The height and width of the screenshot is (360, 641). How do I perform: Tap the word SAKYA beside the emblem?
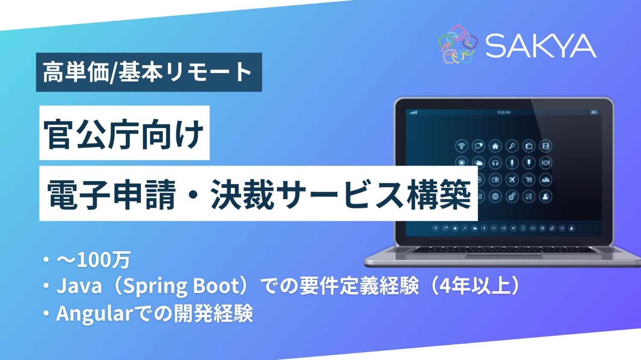tap(541, 46)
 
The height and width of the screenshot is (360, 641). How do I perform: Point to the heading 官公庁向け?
tap(124, 133)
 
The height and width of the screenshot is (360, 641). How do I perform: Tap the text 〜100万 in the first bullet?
tap(94, 260)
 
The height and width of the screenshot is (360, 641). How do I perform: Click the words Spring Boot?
tap(183, 286)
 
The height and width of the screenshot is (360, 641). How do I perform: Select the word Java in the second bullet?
tap(79, 286)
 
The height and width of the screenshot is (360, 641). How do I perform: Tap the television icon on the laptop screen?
tap(529, 146)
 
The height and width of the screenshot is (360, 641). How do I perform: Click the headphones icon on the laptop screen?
tap(495, 163)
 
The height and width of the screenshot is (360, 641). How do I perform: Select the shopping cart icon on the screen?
tap(529, 180)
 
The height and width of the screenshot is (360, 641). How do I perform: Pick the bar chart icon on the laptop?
tap(545, 180)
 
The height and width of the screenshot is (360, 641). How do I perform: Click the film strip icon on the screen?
tap(545, 146)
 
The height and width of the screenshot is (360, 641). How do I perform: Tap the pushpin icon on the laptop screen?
tap(529, 163)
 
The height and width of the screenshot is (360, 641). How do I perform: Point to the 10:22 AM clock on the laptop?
tap(503, 112)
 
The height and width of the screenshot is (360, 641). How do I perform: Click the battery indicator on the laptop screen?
tap(594, 112)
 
